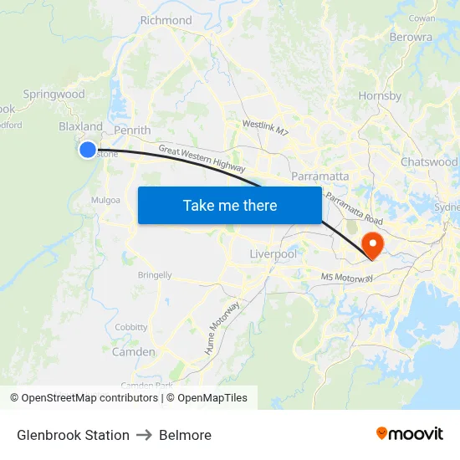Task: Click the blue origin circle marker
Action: pyautogui.click(x=88, y=150)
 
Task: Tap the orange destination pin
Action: pyautogui.click(x=371, y=245)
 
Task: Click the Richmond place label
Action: pyautogui.click(x=166, y=20)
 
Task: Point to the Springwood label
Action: pyautogui.click(x=54, y=95)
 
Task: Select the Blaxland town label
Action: pyautogui.click(x=80, y=127)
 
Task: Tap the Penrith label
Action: pyautogui.click(x=132, y=130)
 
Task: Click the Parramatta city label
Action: pyautogui.click(x=320, y=176)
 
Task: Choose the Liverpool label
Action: pyautogui.click(x=273, y=253)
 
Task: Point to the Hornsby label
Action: pyautogui.click(x=381, y=96)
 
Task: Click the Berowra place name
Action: pyautogui.click(x=411, y=37)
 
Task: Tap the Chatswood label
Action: pyautogui.click(x=429, y=161)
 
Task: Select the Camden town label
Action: pyautogui.click(x=133, y=352)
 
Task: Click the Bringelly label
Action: pyautogui.click(x=155, y=275)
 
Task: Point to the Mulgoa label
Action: pyautogui.click(x=106, y=200)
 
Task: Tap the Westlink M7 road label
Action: pyautogui.click(x=265, y=128)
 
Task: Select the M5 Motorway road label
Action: pyautogui.click(x=347, y=278)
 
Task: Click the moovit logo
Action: pyautogui.click(x=409, y=434)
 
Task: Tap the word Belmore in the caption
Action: pyautogui.click(x=185, y=435)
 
